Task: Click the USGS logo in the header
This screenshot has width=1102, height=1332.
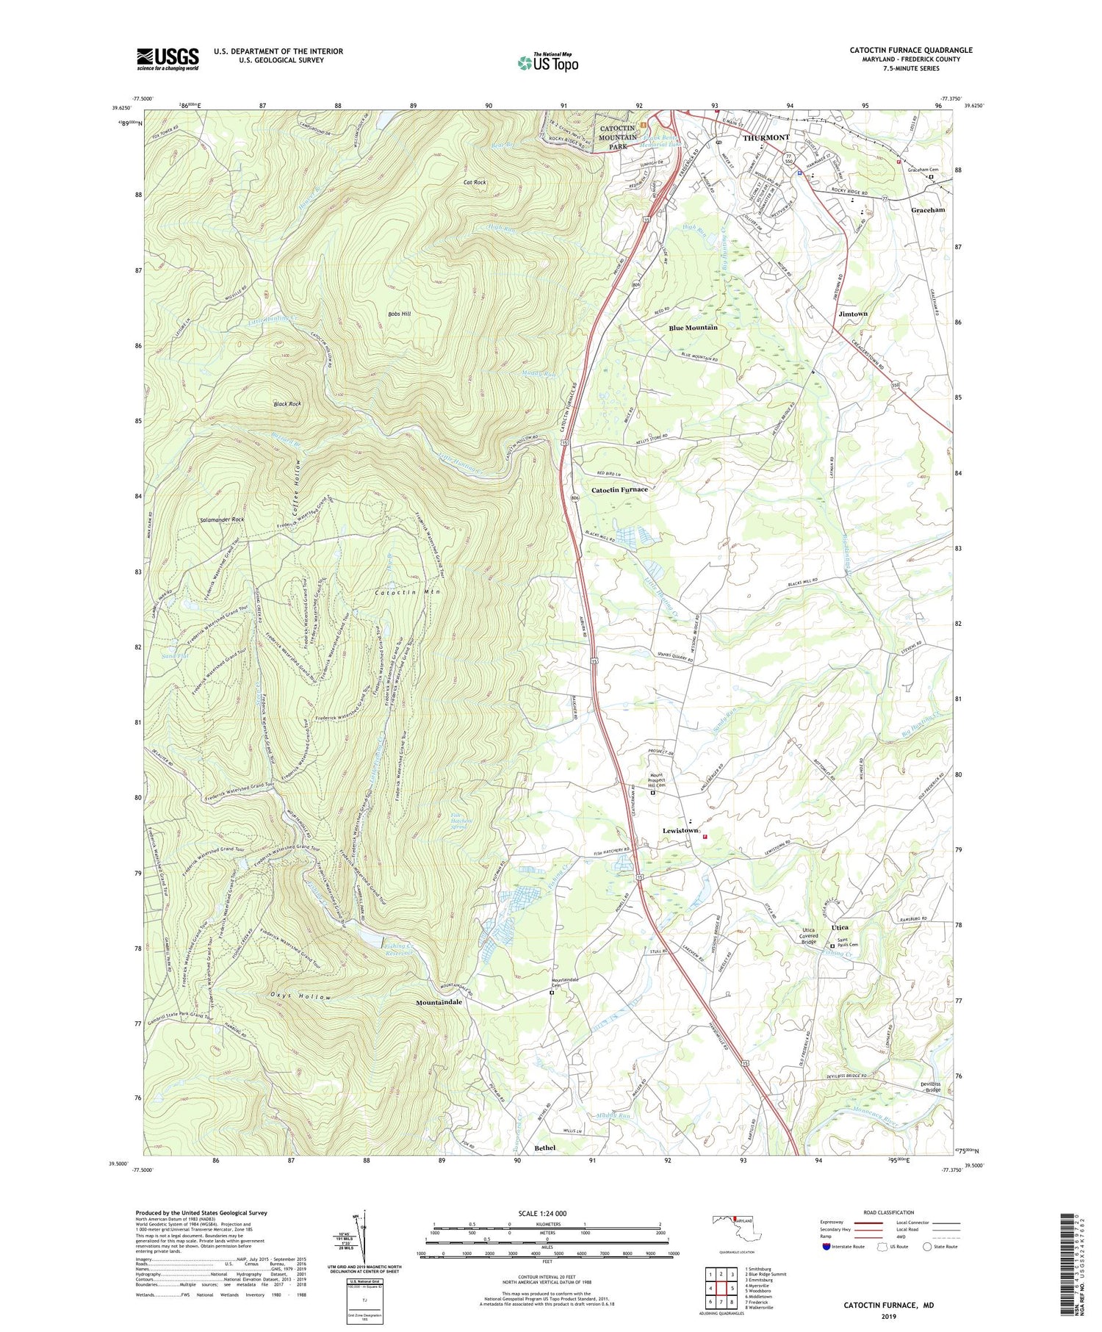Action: pyautogui.click(x=168, y=59)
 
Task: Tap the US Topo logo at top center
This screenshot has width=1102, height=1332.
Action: pyautogui.click(x=547, y=62)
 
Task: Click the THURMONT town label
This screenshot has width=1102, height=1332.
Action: pyautogui.click(x=765, y=137)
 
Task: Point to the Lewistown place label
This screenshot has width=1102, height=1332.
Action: pyautogui.click(x=680, y=830)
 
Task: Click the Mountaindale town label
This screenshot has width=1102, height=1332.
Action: pyautogui.click(x=439, y=1002)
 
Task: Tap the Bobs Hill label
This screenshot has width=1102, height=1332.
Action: pyautogui.click(x=399, y=314)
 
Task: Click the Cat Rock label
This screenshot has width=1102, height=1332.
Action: pyautogui.click(x=475, y=182)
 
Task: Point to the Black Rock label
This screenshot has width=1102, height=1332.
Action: pyautogui.click(x=287, y=404)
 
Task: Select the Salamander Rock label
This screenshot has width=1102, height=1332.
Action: pyautogui.click(x=221, y=519)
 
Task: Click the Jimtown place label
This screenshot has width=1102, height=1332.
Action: pyautogui.click(x=852, y=314)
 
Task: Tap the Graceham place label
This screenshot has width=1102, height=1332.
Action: pyautogui.click(x=928, y=209)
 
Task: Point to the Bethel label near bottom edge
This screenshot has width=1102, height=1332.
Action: pyautogui.click(x=545, y=1148)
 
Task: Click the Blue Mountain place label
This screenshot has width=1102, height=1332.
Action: pyautogui.click(x=693, y=327)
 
